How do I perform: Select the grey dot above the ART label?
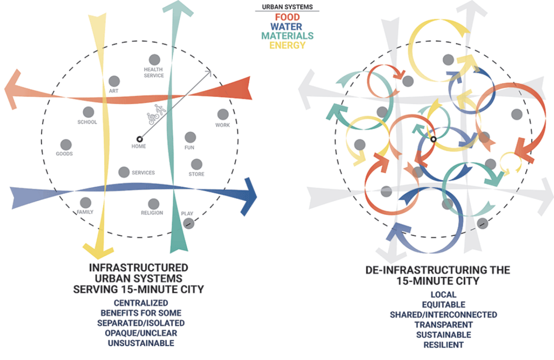click(x=114, y=81)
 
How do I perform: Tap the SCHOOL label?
click(x=87, y=122)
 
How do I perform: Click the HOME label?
click(x=138, y=146)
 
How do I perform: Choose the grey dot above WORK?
click(x=223, y=114)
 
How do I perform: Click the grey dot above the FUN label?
click(x=190, y=137)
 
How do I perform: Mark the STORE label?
click(x=196, y=174)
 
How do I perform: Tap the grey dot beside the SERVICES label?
click(x=124, y=172)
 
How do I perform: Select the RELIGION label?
click(x=152, y=213)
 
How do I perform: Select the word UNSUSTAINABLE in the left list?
click(x=141, y=343)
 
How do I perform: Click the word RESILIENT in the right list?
click(x=443, y=345)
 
